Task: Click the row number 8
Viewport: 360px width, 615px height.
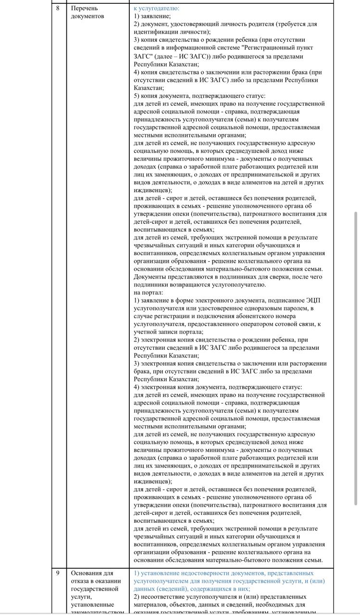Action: click(x=58, y=8)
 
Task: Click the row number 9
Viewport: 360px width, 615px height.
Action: click(x=58, y=573)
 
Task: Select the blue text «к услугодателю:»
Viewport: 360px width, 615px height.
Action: click(x=156, y=8)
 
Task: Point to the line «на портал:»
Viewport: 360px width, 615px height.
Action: click(x=149, y=292)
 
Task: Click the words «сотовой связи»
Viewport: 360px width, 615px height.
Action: click(x=296, y=324)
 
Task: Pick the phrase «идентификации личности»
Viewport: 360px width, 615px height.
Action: click(x=169, y=32)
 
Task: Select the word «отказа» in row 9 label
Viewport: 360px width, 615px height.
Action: click(x=80, y=581)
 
